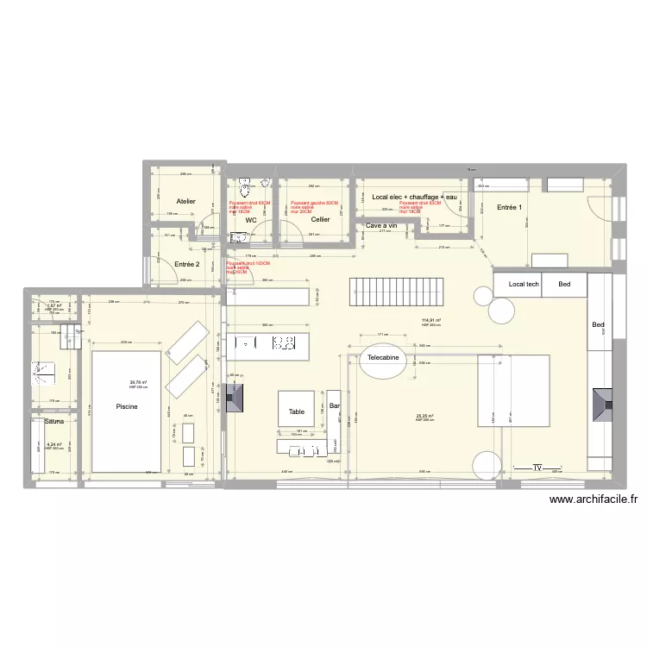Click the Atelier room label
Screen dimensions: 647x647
[x=185, y=201]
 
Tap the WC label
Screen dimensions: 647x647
[x=251, y=220]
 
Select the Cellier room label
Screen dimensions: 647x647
[x=321, y=220]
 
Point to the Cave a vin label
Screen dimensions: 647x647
[x=381, y=226]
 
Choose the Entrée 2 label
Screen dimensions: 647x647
[x=187, y=264]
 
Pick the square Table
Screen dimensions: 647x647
[x=297, y=411]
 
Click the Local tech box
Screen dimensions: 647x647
[x=524, y=284]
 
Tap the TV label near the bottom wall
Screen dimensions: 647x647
[x=537, y=468]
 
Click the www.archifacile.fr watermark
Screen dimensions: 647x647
[x=593, y=499]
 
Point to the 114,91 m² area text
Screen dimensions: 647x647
[x=430, y=321]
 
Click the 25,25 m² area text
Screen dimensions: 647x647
[x=424, y=416]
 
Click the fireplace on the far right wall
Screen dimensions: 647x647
[x=601, y=403]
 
